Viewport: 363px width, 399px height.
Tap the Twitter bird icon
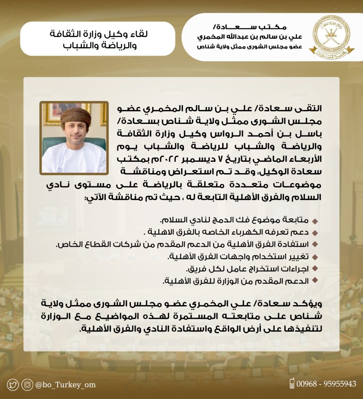13,384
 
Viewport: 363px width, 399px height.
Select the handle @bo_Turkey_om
65,384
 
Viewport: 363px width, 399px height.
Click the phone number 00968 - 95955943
326,384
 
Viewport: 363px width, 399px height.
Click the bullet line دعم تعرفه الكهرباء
226,233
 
